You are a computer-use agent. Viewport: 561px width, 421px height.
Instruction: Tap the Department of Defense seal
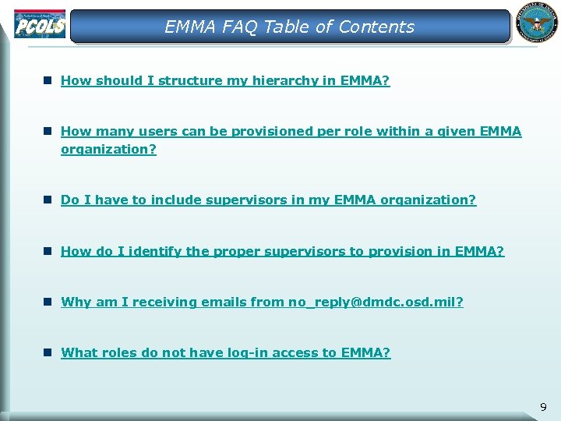(536, 24)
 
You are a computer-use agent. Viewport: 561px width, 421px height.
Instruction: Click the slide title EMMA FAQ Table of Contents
(289, 27)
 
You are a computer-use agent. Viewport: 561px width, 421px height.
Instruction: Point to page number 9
(543, 406)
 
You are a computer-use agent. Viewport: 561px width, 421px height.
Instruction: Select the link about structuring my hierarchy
(225, 80)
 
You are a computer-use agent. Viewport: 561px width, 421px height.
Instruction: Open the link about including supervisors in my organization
(268, 200)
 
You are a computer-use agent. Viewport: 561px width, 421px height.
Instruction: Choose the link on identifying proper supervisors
(282, 251)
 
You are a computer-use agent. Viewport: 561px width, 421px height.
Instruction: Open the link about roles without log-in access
(225, 352)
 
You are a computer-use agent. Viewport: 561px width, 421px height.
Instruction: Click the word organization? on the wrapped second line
(108, 148)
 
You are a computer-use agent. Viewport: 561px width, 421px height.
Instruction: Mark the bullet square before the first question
(48, 80)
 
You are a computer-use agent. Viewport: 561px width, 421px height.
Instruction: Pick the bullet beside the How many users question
(48, 131)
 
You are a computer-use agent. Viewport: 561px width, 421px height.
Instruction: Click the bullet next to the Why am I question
(48, 301)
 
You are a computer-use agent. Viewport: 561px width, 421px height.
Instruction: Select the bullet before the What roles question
(48, 352)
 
